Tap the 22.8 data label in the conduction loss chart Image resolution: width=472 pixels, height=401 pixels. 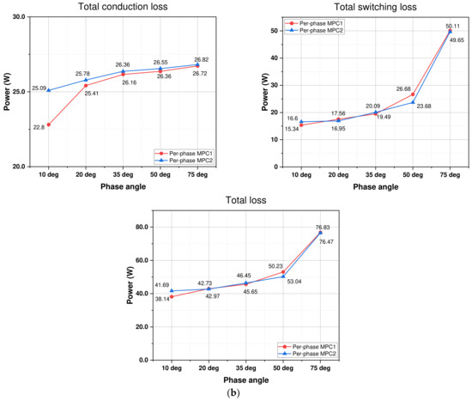[39, 127]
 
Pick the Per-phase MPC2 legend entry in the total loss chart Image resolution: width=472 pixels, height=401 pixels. [307, 353]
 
